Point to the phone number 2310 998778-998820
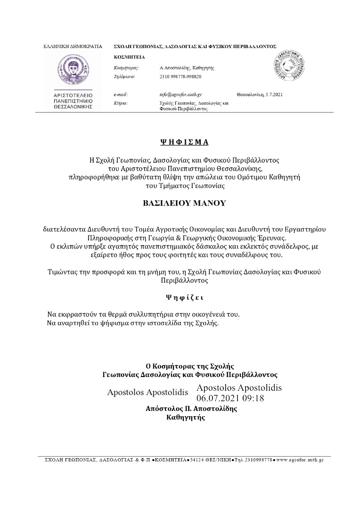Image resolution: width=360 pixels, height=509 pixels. (180, 76)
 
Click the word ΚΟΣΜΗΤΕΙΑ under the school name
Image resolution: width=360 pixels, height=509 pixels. (130, 57)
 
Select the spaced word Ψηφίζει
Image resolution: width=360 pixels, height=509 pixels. (185, 297)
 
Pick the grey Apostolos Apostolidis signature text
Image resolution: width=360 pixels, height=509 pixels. (147, 392)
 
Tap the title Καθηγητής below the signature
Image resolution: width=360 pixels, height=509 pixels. (186, 417)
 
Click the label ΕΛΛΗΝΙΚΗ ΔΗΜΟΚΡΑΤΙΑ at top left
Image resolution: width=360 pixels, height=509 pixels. (73, 47)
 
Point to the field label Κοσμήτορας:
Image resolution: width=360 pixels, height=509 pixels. (126, 68)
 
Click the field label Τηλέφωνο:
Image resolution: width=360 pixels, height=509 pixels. (125, 76)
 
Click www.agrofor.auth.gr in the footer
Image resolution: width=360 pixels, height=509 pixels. (300, 460)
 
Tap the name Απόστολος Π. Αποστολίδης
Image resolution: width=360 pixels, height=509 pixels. (191, 409)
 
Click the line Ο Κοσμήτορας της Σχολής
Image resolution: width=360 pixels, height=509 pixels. (190, 366)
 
